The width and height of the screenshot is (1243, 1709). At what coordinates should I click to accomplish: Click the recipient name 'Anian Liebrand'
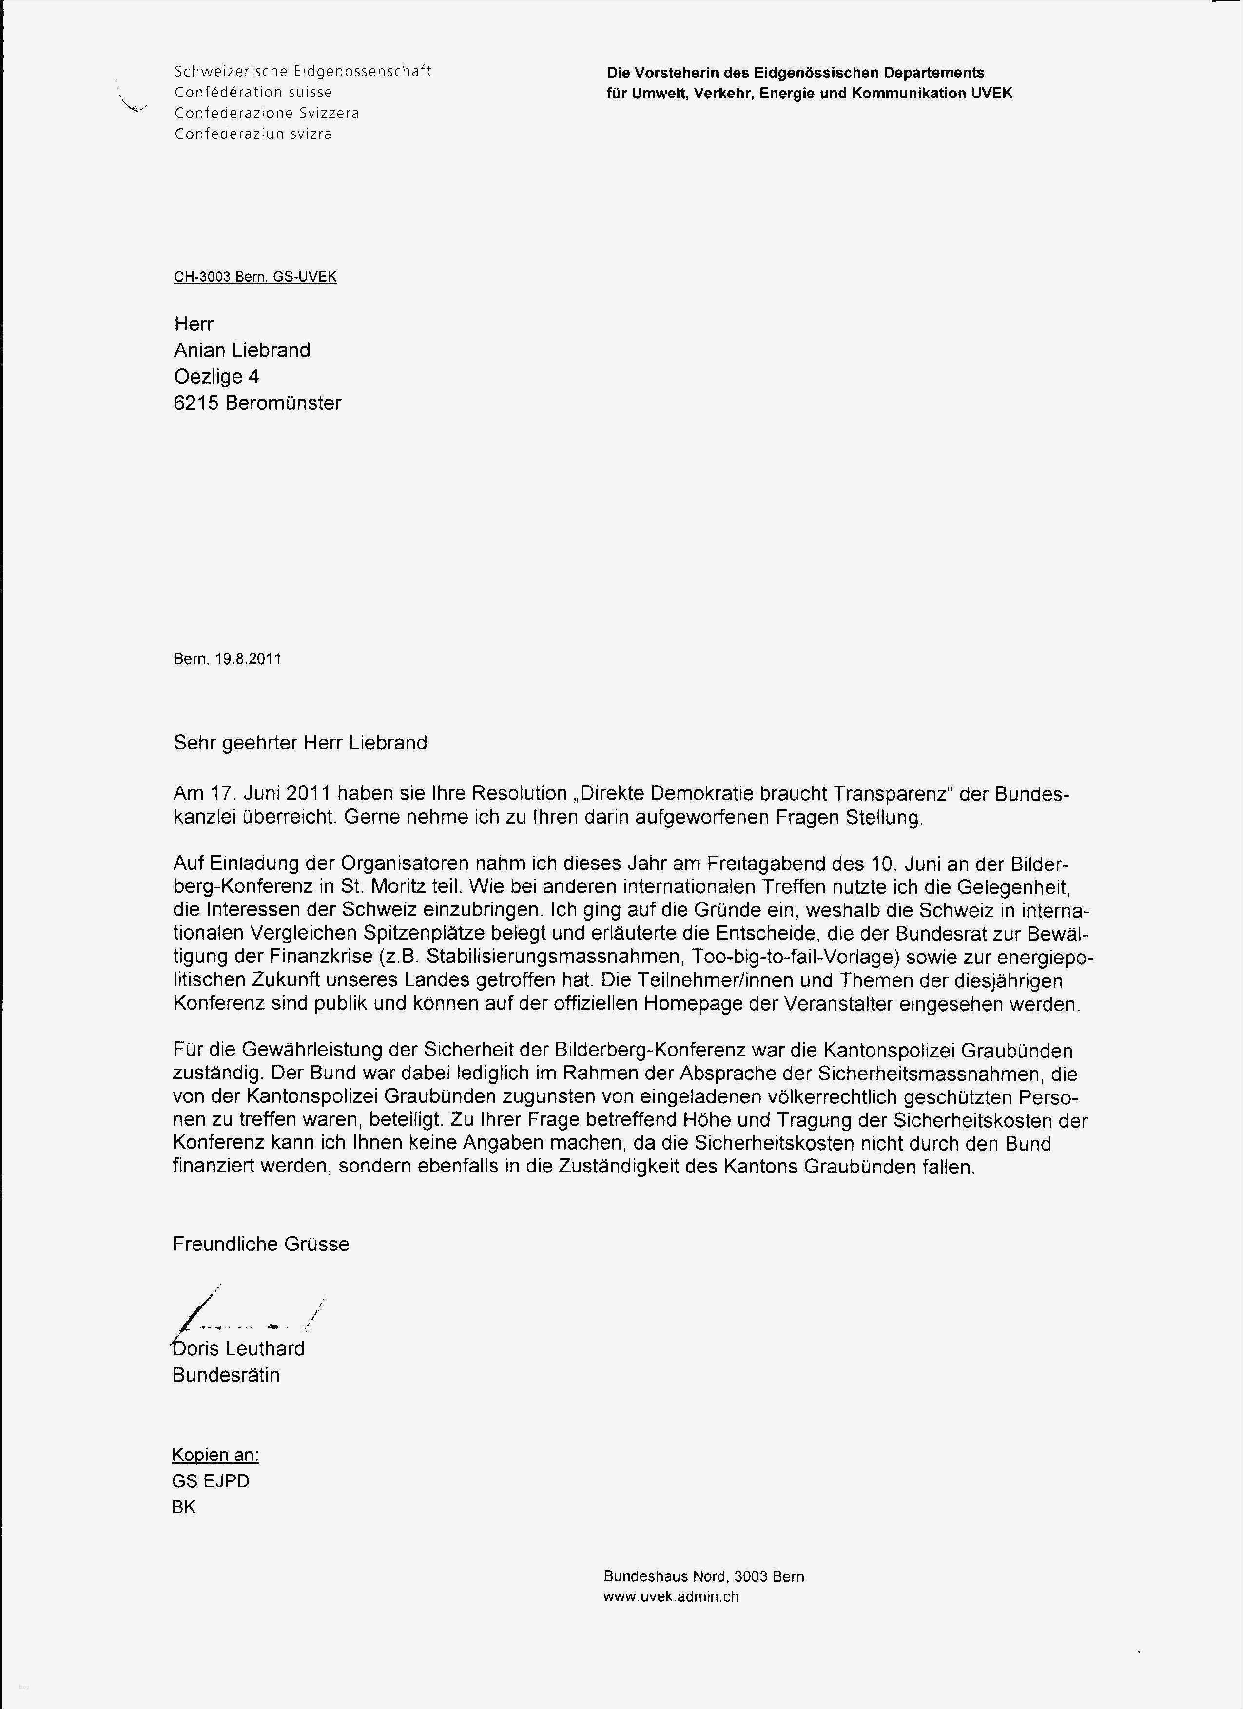241,350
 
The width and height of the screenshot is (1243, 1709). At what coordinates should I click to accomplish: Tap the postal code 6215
195,403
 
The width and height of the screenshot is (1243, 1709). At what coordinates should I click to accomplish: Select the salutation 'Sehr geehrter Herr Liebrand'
299,743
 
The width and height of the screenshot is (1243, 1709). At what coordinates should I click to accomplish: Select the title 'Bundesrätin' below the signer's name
225,1375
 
